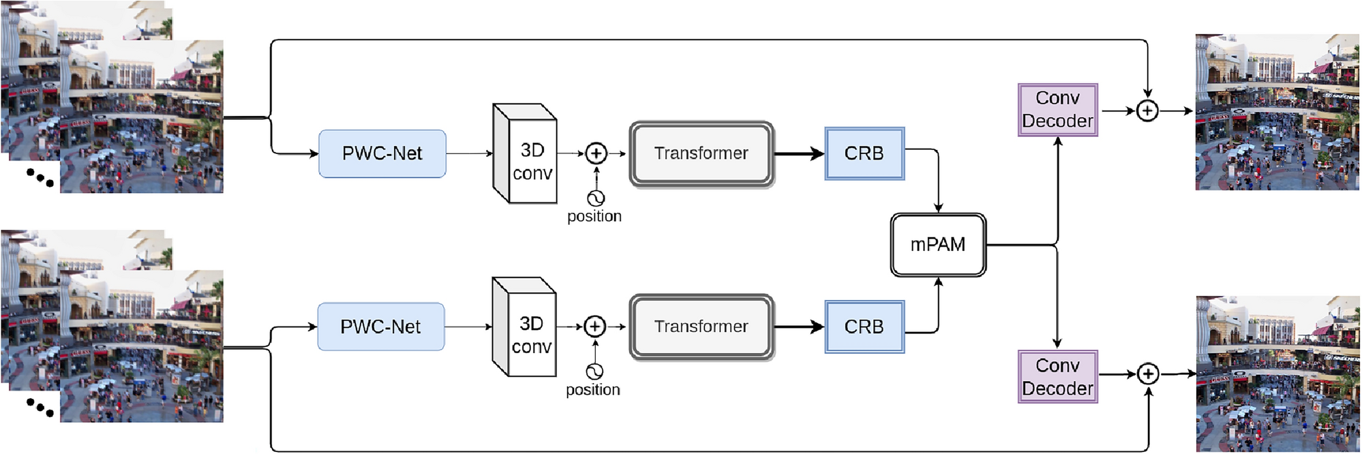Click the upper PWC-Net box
(x=382, y=154)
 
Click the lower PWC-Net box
(x=381, y=327)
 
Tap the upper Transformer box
(x=701, y=154)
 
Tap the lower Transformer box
(x=701, y=327)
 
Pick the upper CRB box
(x=864, y=154)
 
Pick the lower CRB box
(x=864, y=327)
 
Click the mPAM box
(x=938, y=245)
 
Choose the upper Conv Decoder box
(x=1057, y=110)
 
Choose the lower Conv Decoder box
(x=1057, y=377)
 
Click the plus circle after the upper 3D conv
(x=596, y=154)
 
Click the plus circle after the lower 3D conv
(x=595, y=327)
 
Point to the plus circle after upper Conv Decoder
(x=1147, y=110)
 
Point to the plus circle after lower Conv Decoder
(x=1149, y=374)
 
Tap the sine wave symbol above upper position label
(x=596, y=198)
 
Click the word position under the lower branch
(x=593, y=390)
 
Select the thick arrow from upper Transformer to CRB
(x=799, y=154)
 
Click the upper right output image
(x=1277, y=112)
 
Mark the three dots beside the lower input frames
(x=40, y=408)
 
